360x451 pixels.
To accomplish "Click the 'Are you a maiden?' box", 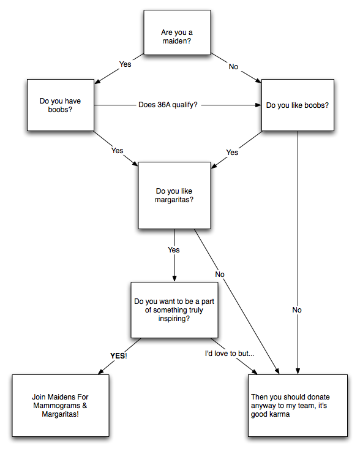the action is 177,32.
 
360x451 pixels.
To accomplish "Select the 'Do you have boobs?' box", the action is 61,105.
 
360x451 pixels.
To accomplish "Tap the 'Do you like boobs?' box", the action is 298,105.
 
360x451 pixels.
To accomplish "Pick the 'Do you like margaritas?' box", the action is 174,195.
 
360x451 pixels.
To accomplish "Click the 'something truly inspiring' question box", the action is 174,310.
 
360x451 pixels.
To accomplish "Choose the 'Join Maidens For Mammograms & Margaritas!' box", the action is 61,406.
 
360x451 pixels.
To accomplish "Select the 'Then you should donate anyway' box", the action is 298,406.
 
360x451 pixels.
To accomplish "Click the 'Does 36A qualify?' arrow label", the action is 168,105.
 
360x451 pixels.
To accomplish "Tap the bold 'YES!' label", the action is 119,356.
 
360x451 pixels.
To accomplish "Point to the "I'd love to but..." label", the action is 230,354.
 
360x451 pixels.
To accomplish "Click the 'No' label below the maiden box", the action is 233,67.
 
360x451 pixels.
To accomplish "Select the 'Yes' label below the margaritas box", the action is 174,249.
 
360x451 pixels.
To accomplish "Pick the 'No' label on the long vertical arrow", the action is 297,310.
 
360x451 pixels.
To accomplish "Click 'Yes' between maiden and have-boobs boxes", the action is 126,64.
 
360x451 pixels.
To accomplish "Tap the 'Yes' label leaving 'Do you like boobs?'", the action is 232,153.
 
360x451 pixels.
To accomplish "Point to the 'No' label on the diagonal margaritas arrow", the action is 220,275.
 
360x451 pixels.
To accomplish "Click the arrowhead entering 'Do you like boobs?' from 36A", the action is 258,105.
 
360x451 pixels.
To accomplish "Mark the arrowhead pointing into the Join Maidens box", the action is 101,371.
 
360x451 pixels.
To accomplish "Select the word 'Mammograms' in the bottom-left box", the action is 56,406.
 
